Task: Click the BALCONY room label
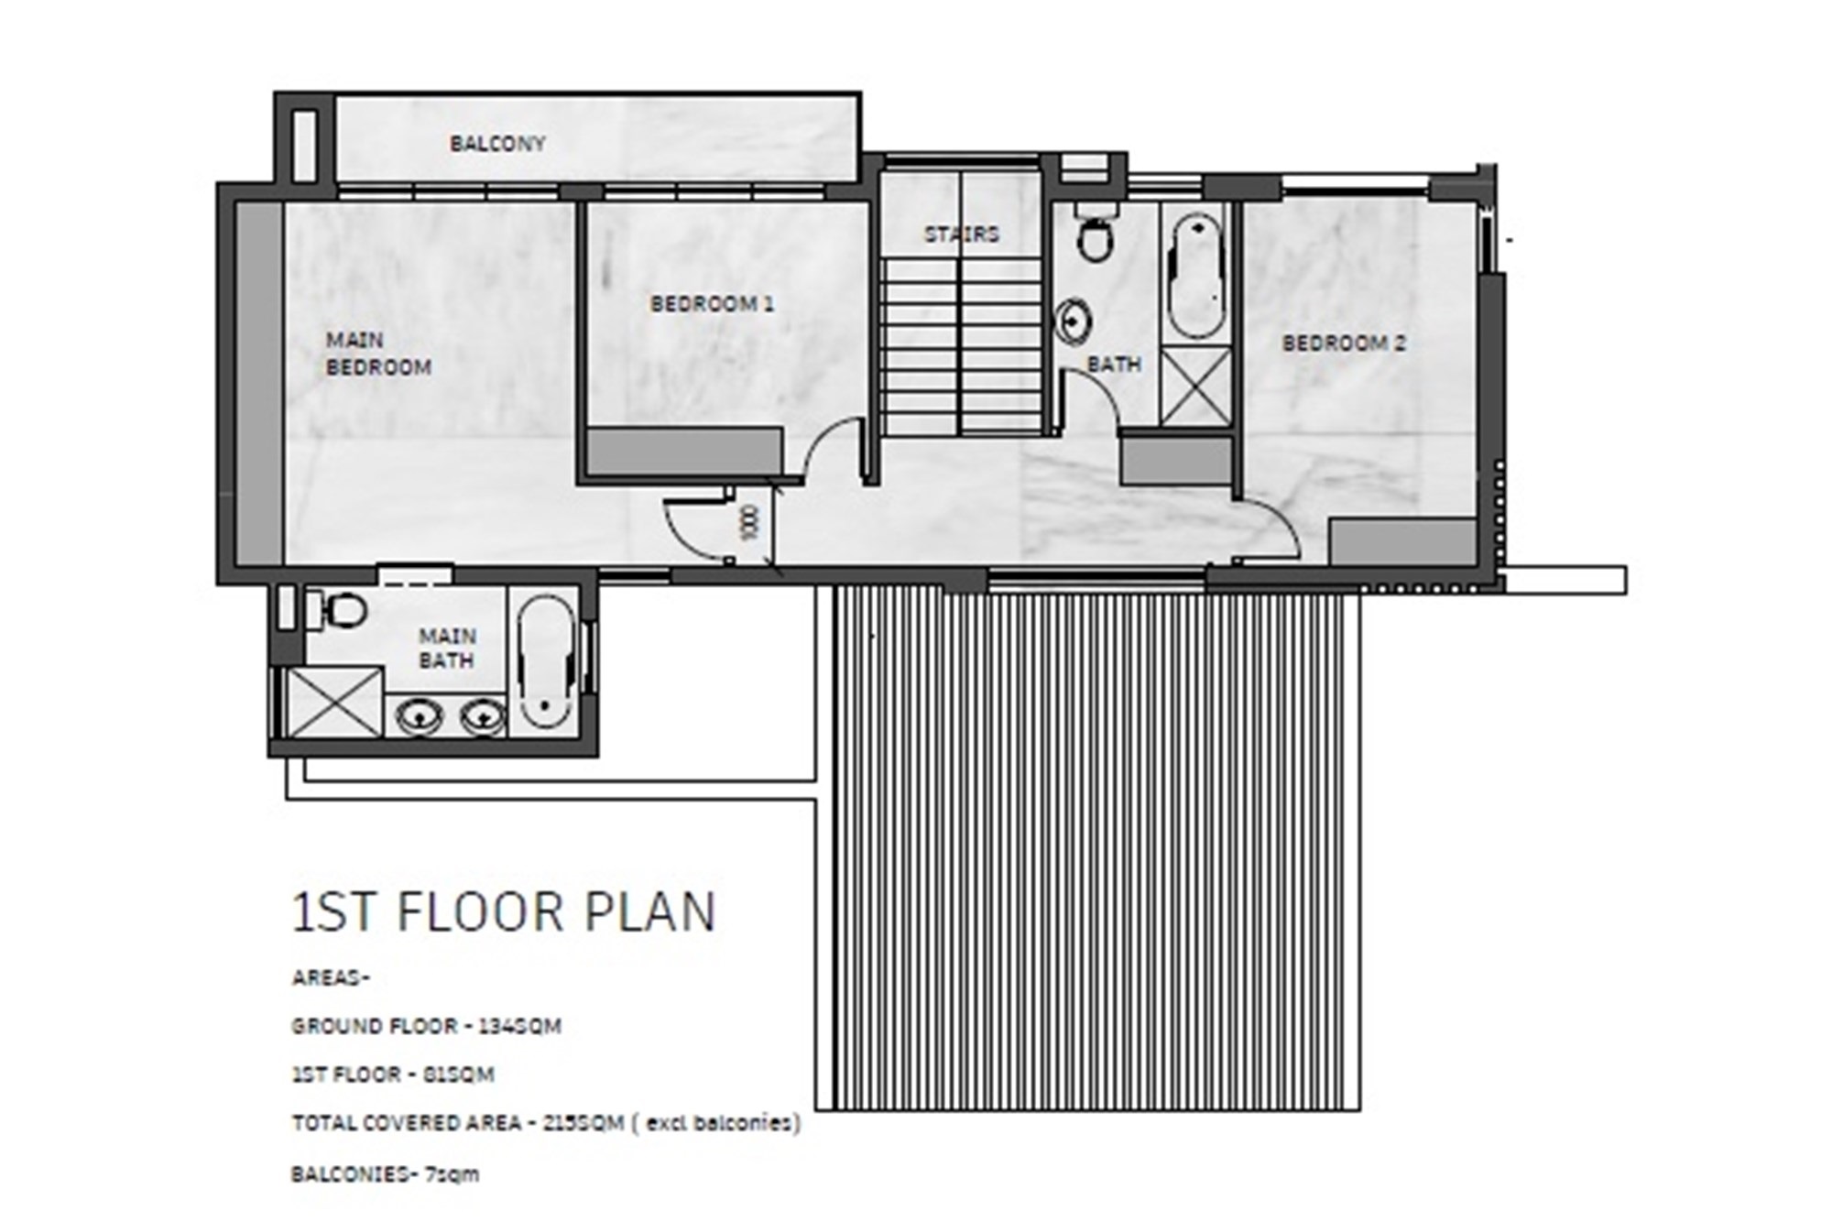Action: [x=497, y=144]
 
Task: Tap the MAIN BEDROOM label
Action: [x=378, y=354]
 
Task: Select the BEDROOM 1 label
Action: [x=712, y=303]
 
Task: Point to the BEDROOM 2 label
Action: [x=1344, y=343]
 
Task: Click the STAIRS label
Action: [x=962, y=234]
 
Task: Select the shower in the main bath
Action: [x=334, y=702]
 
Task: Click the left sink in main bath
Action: [x=420, y=715]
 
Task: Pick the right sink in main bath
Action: [x=482, y=715]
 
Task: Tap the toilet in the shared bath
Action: [x=1095, y=233]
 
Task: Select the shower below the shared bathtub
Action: [x=1195, y=387]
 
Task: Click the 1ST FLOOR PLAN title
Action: [x=503, y=912]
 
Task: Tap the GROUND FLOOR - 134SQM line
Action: [x=426, y=1026]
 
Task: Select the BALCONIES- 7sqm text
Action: [x=385, y=1173]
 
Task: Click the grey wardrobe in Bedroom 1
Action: [x=683, y=452]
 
